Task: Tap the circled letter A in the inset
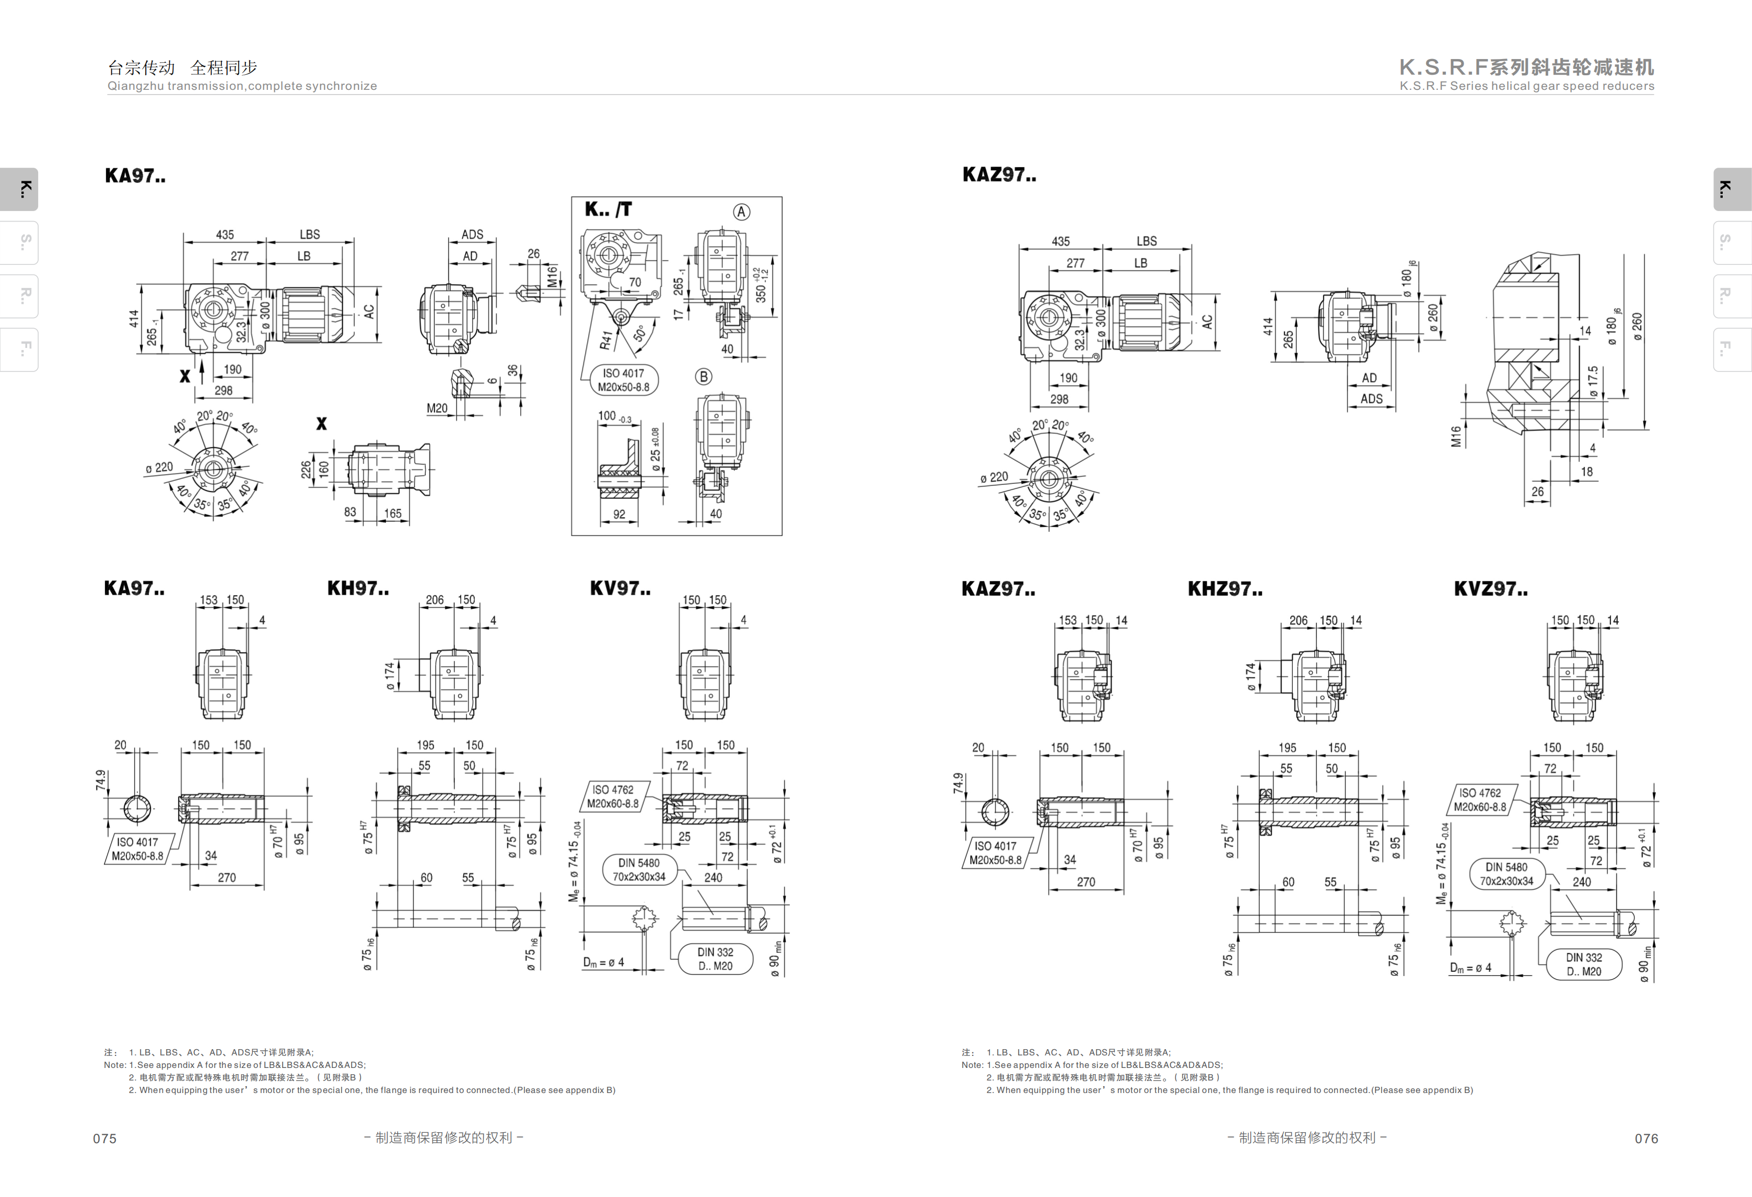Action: click(x=742, y=212)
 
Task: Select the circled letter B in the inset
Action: click(x=704, y=376)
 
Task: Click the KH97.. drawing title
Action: click(x=358, y=588)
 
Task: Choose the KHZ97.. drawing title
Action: click(x=1225, y=589)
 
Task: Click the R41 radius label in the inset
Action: click(x=606, y=340)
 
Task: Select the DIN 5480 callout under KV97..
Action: click(x=639, y=869)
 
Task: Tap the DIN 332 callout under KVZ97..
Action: click(x=1584, y=964)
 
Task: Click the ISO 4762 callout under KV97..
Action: click(x=613, y=796)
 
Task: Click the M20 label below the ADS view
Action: click(x=437, y=408)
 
